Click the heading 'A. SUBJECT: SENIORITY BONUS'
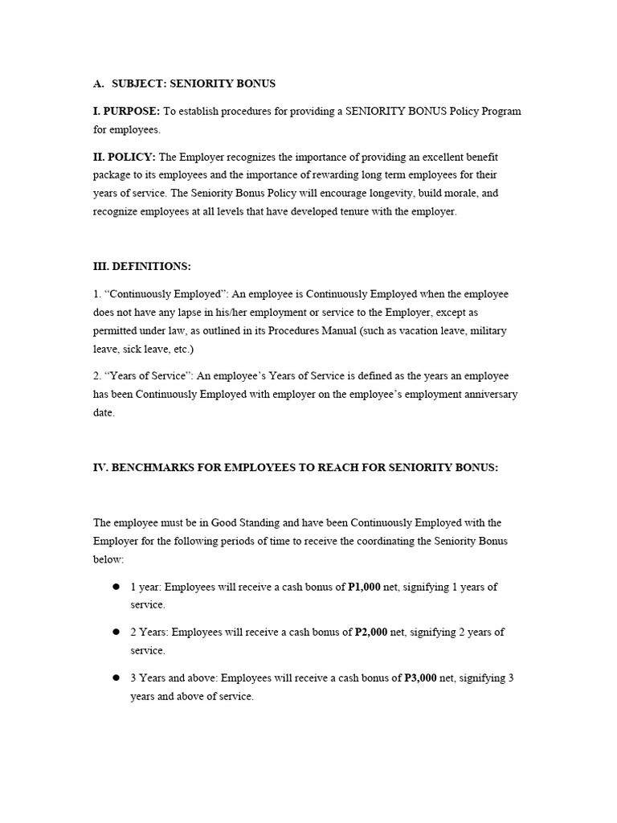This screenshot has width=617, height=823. point(183,83)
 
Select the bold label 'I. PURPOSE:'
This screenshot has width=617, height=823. point(126,111)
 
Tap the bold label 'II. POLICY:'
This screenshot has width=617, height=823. point(125,157)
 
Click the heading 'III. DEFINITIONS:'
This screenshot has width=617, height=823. point(142,266)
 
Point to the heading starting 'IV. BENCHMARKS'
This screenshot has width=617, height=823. point(296,468)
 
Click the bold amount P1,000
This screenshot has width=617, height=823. point(367,587)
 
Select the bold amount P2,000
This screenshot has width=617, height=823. point(371,633)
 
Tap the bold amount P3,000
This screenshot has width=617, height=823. point(420,678)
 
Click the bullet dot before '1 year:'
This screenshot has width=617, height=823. point(116,587)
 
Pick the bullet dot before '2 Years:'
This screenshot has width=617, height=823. point(116,633)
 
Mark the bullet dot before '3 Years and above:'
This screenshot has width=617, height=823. point(116,678)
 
